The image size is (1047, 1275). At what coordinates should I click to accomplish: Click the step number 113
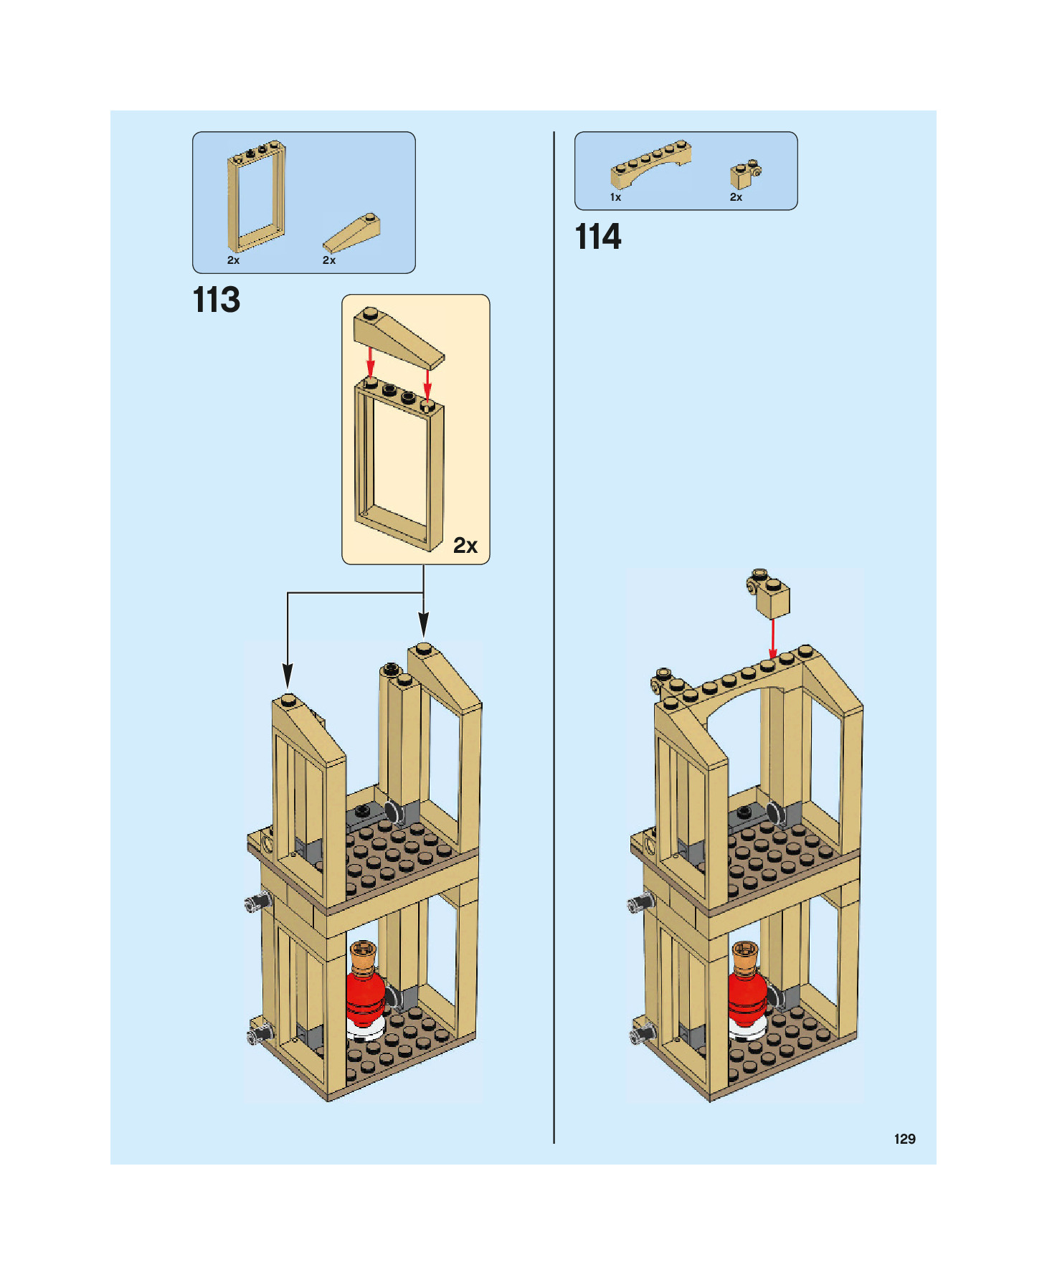tap(217, 300)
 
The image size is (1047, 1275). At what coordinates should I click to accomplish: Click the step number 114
tap(598, 237)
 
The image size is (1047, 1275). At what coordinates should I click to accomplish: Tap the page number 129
tap(904, 1139)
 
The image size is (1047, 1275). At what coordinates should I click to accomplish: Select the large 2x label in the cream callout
tap(465, 546)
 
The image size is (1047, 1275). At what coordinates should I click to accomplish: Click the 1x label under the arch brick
tap(615, 197)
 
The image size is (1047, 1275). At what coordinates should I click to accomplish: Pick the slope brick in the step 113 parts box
tap(352, 232)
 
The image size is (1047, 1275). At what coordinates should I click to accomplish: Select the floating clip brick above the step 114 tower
tap(769, 593)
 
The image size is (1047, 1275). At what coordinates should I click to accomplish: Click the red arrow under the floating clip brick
tap(772, 638)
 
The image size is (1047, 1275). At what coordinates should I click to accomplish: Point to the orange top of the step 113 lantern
tap(363, 954)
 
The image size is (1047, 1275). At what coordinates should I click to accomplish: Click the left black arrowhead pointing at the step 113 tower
tap(288, 676)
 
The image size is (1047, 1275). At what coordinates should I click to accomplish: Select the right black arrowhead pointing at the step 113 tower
tap(424, 624)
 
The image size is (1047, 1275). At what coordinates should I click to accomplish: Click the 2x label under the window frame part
tap(233, 260)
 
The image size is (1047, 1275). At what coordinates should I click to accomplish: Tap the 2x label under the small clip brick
tap(736, 197)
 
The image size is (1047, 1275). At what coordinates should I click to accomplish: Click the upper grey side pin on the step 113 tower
tap(258, 901)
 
